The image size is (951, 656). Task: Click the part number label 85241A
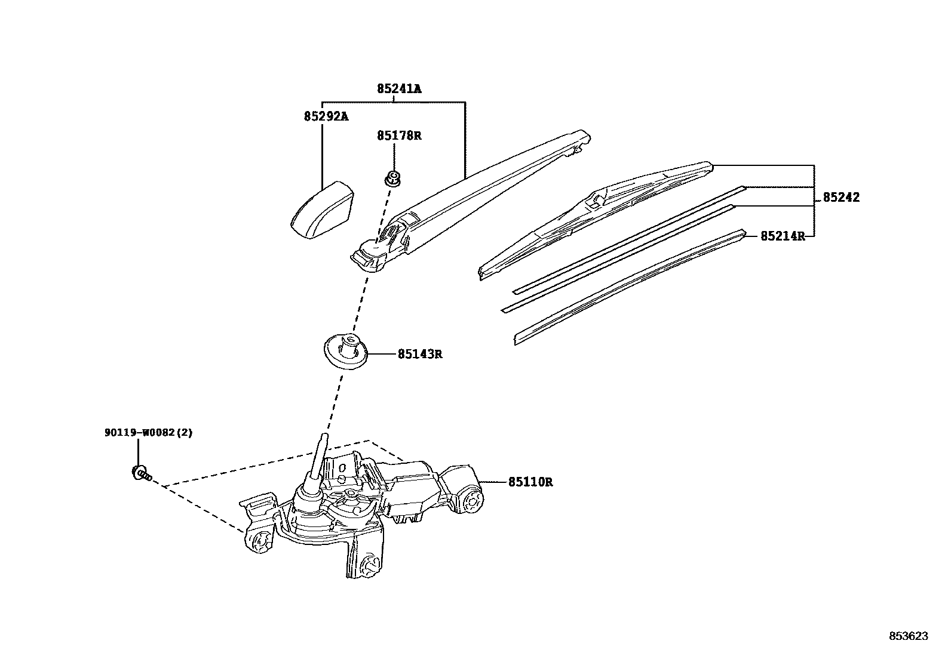398,89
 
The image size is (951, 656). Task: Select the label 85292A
326,116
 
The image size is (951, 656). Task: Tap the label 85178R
398,135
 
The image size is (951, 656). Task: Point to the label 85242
841,198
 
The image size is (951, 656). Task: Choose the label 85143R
420,354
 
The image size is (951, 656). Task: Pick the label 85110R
530,482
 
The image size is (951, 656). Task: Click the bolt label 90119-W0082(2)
149,433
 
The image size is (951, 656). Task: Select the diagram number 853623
909,636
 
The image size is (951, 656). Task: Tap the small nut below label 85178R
392,177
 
